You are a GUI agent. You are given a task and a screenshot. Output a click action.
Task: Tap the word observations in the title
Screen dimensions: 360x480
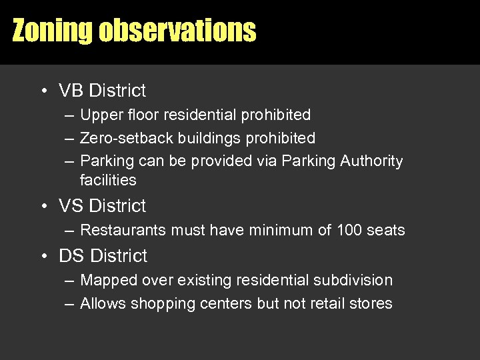[177, 31]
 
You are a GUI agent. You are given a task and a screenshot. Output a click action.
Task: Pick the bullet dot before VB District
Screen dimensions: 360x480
[42, 91]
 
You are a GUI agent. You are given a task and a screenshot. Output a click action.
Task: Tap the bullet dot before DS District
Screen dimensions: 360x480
[42, 256]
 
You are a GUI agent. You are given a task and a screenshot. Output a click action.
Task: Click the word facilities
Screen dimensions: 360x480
[108, 180]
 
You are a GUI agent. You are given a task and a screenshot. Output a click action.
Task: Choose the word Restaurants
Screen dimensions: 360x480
[123, 230]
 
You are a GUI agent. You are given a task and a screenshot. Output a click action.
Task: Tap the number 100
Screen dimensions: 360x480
[351, 230]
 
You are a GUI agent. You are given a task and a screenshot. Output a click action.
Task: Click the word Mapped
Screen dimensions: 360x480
[105, 281]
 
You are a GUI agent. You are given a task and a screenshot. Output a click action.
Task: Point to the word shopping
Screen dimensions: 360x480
[159, 304]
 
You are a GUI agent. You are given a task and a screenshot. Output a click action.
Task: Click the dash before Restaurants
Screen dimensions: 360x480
[69, 231]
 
